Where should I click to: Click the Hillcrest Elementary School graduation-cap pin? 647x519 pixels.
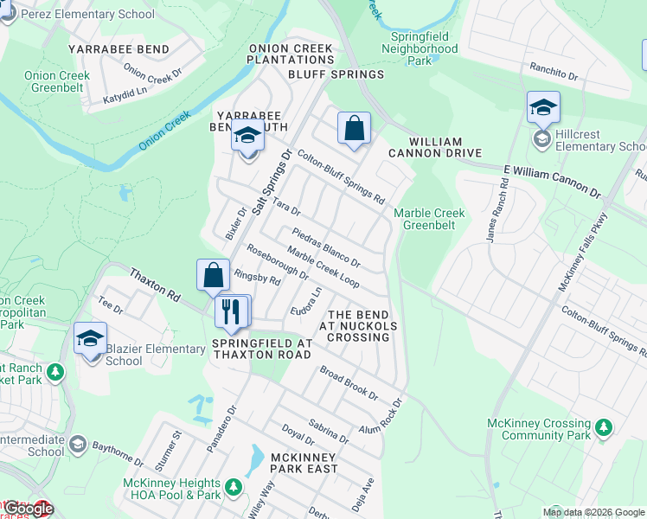(543, 108)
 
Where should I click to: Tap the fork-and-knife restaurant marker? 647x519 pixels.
(230, 311)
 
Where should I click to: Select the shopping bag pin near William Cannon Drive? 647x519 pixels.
(354, 129)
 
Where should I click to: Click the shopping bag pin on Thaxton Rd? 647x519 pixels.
(213, 276)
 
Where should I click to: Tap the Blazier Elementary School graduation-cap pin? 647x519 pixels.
(90, 339)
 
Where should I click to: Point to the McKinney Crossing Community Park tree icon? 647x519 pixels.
(603, 427)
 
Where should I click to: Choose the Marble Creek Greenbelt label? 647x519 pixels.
(429, 219)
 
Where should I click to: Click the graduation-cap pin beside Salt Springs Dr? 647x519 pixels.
(247, 137)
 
